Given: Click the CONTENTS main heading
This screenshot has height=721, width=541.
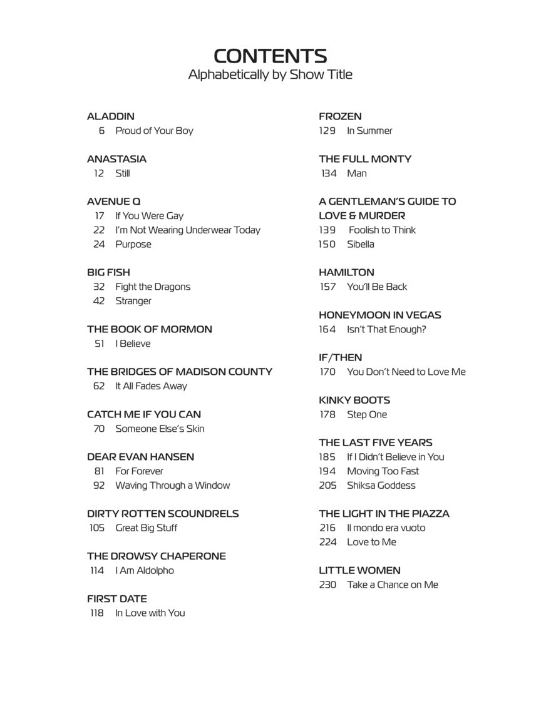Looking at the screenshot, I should [270, 56].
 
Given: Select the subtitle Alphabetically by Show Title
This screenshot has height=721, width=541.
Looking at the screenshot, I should [270, 74].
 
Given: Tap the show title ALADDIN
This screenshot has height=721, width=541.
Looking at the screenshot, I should [111, 116].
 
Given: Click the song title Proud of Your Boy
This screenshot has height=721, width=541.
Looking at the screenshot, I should [154, 131].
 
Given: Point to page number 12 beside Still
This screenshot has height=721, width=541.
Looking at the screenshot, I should [99, 173].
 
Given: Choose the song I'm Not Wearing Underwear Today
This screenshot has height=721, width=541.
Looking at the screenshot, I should [187, 230].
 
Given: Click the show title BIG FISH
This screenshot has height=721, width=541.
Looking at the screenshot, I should [108, 272].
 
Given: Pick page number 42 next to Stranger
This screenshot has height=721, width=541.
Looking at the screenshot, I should [99, 301].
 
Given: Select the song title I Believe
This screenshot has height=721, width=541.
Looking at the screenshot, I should [133, 344].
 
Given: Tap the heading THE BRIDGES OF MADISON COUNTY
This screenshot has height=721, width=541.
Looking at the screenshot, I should [180, 372].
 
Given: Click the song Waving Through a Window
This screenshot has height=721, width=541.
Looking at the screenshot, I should [172, 486].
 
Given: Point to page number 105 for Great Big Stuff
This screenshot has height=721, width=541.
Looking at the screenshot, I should [97, 528].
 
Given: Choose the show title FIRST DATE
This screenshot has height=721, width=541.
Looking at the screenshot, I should [117, 599].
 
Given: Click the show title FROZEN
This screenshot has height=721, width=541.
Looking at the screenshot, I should [340, 116].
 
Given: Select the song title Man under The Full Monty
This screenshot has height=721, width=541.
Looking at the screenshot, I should [357, 173].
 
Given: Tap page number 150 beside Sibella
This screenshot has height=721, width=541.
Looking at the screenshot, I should [327, 244].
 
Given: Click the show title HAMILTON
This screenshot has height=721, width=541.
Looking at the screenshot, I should [346, 272].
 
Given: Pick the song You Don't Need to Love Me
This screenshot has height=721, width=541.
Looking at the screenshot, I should [406, 372].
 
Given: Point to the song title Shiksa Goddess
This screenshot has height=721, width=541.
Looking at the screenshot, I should [381, 486].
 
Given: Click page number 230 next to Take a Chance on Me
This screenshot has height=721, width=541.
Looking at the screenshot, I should [327, 585].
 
